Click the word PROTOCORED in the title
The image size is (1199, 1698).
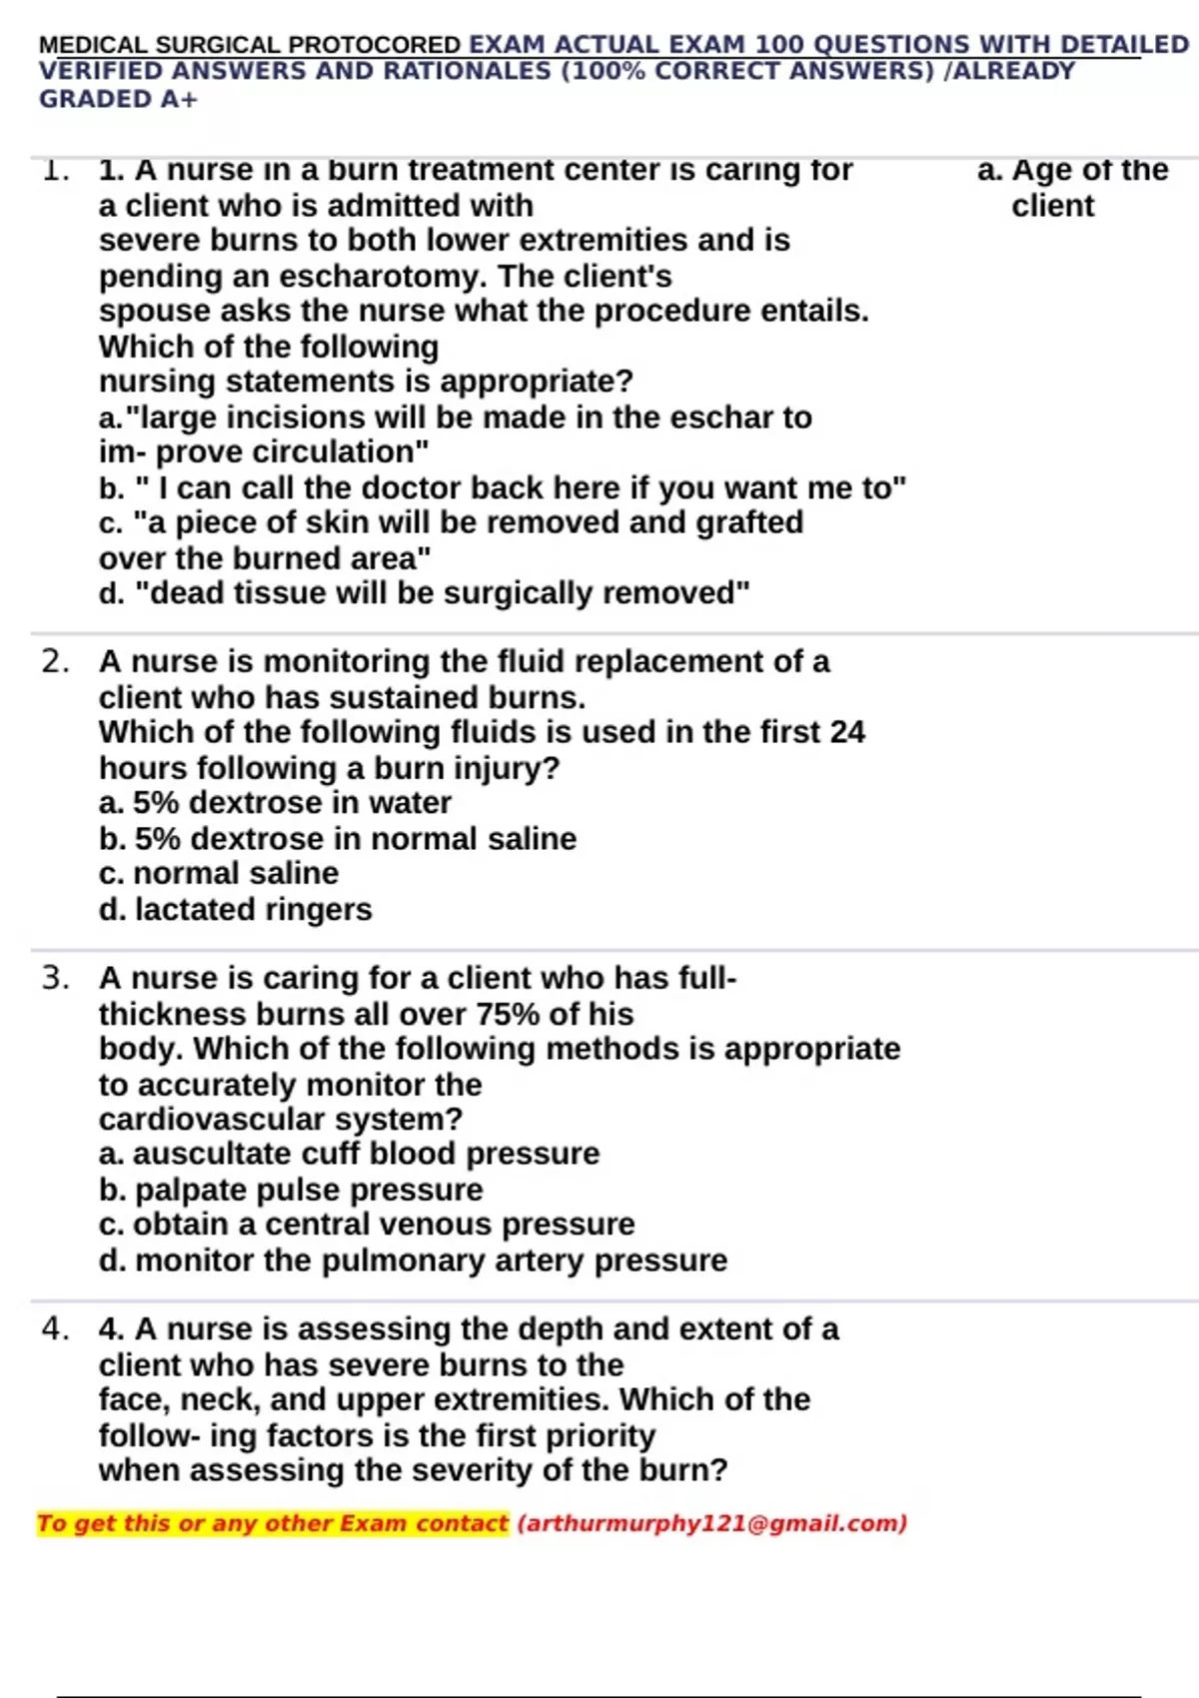click(x=375, y=46)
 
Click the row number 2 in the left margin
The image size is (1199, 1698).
click(x=55, y=661)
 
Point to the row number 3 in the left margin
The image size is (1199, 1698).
click(x=55, y=978)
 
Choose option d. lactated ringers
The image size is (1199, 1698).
click(x=236, y=909)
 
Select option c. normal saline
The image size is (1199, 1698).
click(x=219, y=873)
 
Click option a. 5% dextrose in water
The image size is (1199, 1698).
click(x=275, y=802)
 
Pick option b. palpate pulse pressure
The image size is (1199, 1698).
click(x=291, y=1190)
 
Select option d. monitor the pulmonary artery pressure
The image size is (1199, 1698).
click(x=413, y=1261)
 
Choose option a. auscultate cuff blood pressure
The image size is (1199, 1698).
click(x=349, y=1154)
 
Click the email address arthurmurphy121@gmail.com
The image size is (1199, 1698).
click(x=712, y=1523)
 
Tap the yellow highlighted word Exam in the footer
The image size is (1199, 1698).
click(x=373, y=1523)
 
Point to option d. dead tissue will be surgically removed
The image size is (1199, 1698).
click(x=425, y=593)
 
